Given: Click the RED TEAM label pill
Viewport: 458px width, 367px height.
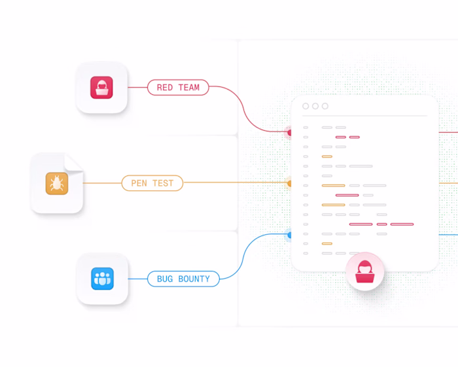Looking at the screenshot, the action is [178, 87].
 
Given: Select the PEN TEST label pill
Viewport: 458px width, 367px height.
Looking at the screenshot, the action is [152, 183].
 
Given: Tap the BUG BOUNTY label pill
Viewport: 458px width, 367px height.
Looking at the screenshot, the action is [183, 279].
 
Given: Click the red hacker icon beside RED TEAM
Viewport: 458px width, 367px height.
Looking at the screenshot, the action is [101, 88].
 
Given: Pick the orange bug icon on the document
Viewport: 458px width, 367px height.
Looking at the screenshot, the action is [57, 183].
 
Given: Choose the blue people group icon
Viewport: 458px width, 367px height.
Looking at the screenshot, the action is [102, 279].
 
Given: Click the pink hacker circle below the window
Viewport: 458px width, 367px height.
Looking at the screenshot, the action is [364, 271].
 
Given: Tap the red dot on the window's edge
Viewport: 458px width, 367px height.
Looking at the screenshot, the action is [289, 133].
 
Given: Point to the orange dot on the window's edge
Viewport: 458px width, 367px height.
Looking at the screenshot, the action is [289, 183].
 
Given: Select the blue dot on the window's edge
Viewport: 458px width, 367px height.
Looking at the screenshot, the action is [289, 235].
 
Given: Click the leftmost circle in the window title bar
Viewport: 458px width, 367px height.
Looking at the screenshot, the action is [306, 106].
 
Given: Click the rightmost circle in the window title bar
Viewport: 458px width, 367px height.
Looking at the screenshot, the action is [325, 106].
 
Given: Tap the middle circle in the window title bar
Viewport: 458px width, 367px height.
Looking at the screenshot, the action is [315, 106].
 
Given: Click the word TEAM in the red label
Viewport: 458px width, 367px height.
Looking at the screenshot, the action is [189, 87].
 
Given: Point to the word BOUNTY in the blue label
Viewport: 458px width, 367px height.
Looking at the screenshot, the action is [194, 279].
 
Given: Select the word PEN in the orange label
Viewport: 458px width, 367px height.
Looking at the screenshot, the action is [139, 183].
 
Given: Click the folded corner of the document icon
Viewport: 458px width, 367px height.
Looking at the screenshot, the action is [73, 162].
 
